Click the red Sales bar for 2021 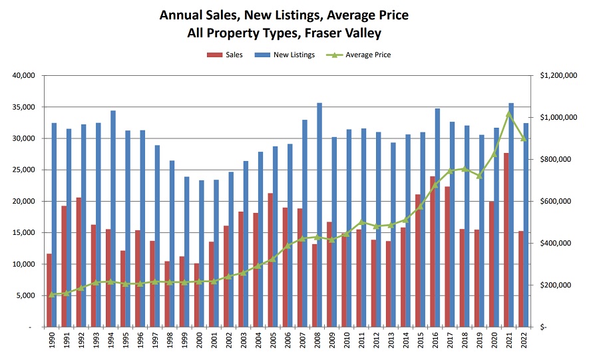(507, 240)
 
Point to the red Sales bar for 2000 (196, 295)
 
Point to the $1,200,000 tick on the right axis (558, 76)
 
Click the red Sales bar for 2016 (433, 252)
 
